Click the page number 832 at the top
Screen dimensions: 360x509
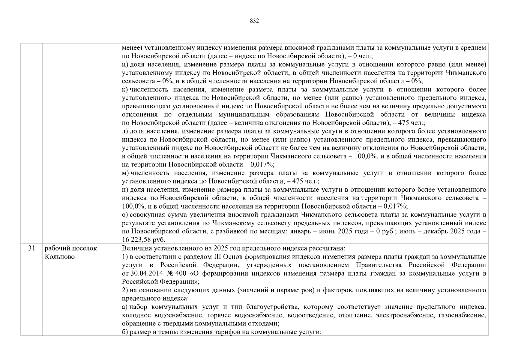[x=254, y=21]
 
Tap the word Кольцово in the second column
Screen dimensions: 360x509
[x=60, y=257]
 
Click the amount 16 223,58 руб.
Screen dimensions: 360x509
[x=144, y=240]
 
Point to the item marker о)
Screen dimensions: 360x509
[x=125, y=215]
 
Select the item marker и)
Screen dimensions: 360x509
[x=125, y=64]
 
